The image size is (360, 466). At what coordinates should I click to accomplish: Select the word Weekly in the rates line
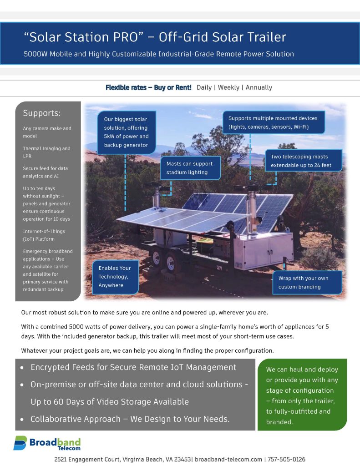[x=228, y=87]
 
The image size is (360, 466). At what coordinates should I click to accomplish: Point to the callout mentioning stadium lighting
[x=190, y=168]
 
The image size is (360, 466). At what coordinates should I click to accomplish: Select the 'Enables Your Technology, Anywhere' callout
[x=115, y=277]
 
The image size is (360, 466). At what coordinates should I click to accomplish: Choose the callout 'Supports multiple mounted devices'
[x=273, y=122]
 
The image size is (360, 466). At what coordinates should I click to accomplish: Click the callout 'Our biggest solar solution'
[x=126, y=132]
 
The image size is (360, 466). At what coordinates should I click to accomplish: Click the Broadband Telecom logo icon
[x=20, y=443]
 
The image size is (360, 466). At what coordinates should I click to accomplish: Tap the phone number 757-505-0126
[x=286, y=460]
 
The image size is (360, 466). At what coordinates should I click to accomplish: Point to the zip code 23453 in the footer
[x=183, y=460]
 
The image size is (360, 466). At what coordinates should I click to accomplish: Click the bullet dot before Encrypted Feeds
[x=22, y=368]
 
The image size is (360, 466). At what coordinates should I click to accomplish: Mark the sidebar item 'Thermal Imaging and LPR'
[x=46, y=152]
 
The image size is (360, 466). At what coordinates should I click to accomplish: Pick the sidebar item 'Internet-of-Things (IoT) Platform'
[x=45, y=235]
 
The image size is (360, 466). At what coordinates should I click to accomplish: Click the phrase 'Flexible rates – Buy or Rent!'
[x=148, y=87]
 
